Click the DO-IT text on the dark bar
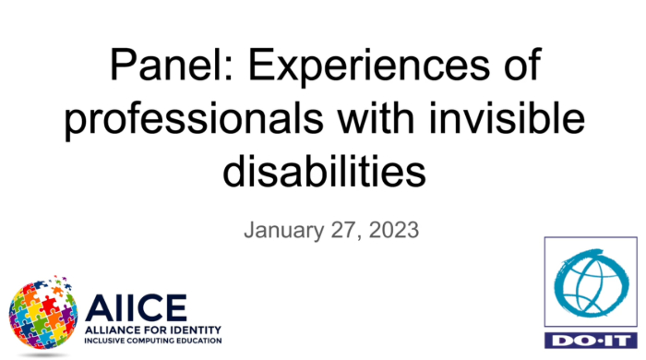pos(587,341)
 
